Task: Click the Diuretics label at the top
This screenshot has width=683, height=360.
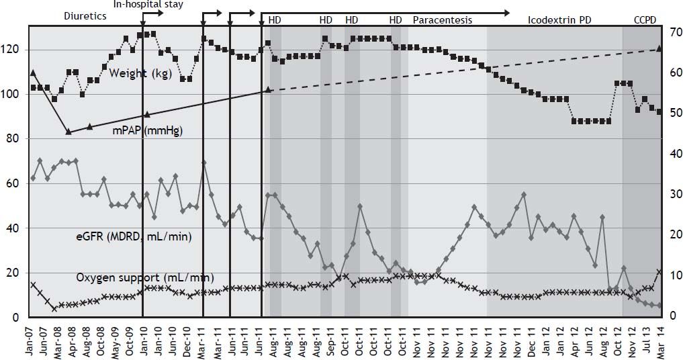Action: click(x=85, y=15)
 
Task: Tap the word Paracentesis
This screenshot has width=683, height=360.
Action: click(x=442, y=20)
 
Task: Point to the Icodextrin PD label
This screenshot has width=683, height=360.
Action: click(x=554, y=20)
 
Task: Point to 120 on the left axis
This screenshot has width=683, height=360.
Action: click(x=14, y=50)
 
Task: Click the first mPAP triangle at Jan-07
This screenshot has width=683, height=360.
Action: click(x=33, y=72)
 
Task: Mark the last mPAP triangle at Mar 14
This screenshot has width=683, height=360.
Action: click(x=659, y=48)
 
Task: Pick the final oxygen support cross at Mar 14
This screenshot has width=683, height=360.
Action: click(x=659, y=272)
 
